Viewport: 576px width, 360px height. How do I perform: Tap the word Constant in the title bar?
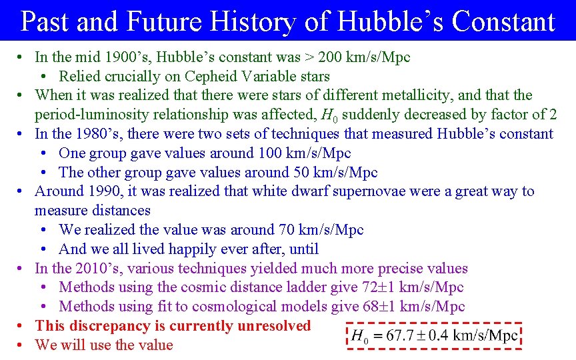coord(503,21)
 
